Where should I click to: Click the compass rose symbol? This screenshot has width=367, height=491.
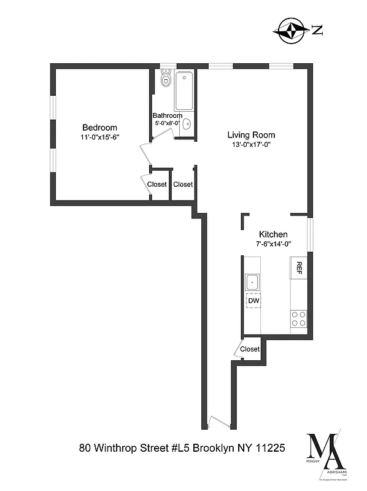click(292, 30)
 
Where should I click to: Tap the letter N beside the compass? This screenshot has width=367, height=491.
click(317, 30)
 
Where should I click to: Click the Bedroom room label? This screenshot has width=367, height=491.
click(99, 128)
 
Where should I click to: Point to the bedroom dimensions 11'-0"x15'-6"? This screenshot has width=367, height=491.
click(99, 137)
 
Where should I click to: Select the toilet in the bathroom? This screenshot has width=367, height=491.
click(164, 80)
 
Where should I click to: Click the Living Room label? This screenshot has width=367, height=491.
click(251, 135)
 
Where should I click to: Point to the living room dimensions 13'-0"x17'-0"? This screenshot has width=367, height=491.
click(251, 145)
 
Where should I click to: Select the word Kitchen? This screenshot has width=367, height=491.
click(273, 234)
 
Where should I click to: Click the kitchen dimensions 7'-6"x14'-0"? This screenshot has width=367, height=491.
click(273, 244)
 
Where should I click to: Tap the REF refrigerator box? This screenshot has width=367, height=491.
click(299, 267)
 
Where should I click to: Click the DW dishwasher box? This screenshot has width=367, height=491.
click(253, 301)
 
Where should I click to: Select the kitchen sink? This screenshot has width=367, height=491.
click(252, 282)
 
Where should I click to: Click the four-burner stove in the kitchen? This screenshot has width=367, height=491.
click(299, 318)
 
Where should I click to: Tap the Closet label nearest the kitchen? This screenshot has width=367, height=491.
click(250, 349)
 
